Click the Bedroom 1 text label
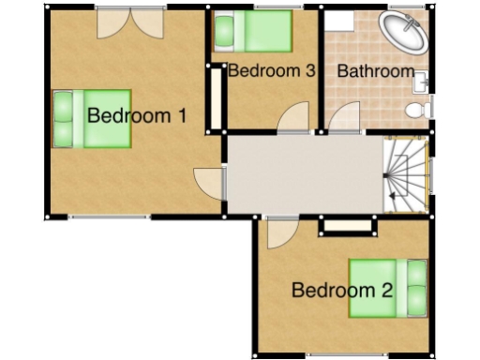pos(137,116)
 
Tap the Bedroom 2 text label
pos(341,290)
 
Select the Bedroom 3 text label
pos(270,71)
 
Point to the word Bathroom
pos(375,71)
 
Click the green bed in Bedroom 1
pos(91,119)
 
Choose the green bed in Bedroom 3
pos(249,33)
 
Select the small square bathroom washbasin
pos(422,82)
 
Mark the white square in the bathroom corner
pos(338,21)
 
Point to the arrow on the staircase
pos(388,194)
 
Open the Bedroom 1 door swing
pos(207,182)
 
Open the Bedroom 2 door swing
pos(280,233)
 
